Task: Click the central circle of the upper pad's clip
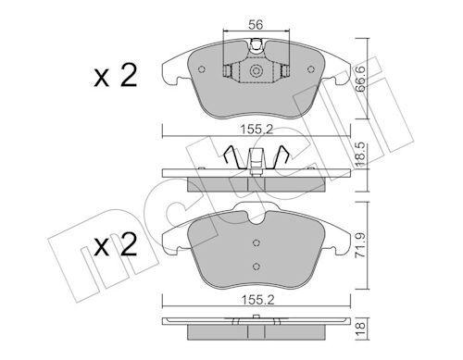(x=255, y=70)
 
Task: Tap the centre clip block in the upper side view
(x=255, y=169)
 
